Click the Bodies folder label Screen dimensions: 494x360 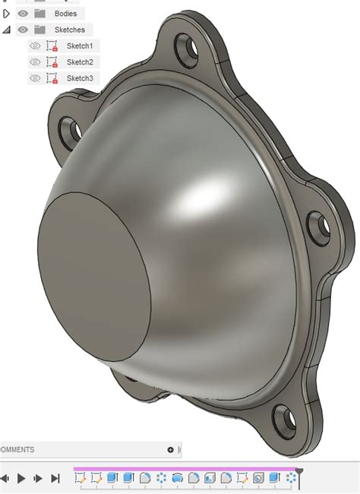(x=65, y=13)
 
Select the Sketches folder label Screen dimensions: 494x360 (x=69, y=30)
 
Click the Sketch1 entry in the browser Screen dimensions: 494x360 (x=80, y=46)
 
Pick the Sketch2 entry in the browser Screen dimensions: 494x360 (x=80, y=62)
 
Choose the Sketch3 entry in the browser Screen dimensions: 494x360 (x=80, y=78)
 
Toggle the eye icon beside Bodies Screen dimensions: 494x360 (x=23, y=13)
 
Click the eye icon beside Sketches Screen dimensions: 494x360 (x=23, y=30)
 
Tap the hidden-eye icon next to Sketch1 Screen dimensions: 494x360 (x=34, y=46)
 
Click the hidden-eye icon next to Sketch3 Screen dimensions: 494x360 (x=34, y=78)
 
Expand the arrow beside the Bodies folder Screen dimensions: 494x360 (x=7, y=13)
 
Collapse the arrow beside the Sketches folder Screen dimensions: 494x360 (x=7, y=30)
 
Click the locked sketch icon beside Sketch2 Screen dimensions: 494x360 (x=52, y=62)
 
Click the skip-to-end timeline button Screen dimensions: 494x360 (x=55, y=478)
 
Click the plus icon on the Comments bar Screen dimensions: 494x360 (x=170, y=449)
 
